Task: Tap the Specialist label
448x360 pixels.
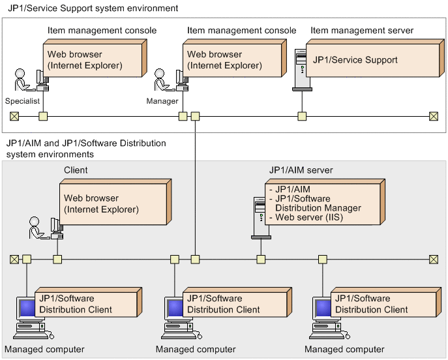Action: [x=22, y=101]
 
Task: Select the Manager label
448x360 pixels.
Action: [x=162, y=101]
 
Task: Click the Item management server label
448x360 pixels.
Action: [x=362, y=31]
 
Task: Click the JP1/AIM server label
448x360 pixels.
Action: [x=301, y=170]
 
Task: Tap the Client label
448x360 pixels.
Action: [x=76, y=170]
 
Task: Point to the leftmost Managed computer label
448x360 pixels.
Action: [x=44, y=350]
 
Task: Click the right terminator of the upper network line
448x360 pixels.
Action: [x=433, y=117]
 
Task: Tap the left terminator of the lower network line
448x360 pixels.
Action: [x=14, y=259]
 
